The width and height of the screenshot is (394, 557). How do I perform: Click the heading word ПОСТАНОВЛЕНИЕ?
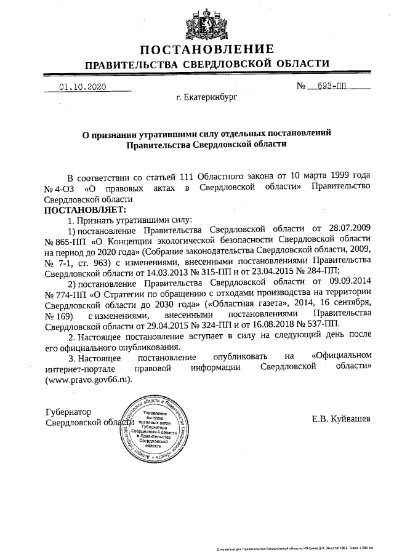coord(206,49)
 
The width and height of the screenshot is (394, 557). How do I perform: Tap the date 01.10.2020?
coord(82,87)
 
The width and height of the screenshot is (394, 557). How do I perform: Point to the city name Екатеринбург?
coord(206,97)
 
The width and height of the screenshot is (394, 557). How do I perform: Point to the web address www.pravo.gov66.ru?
coord(89,381)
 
